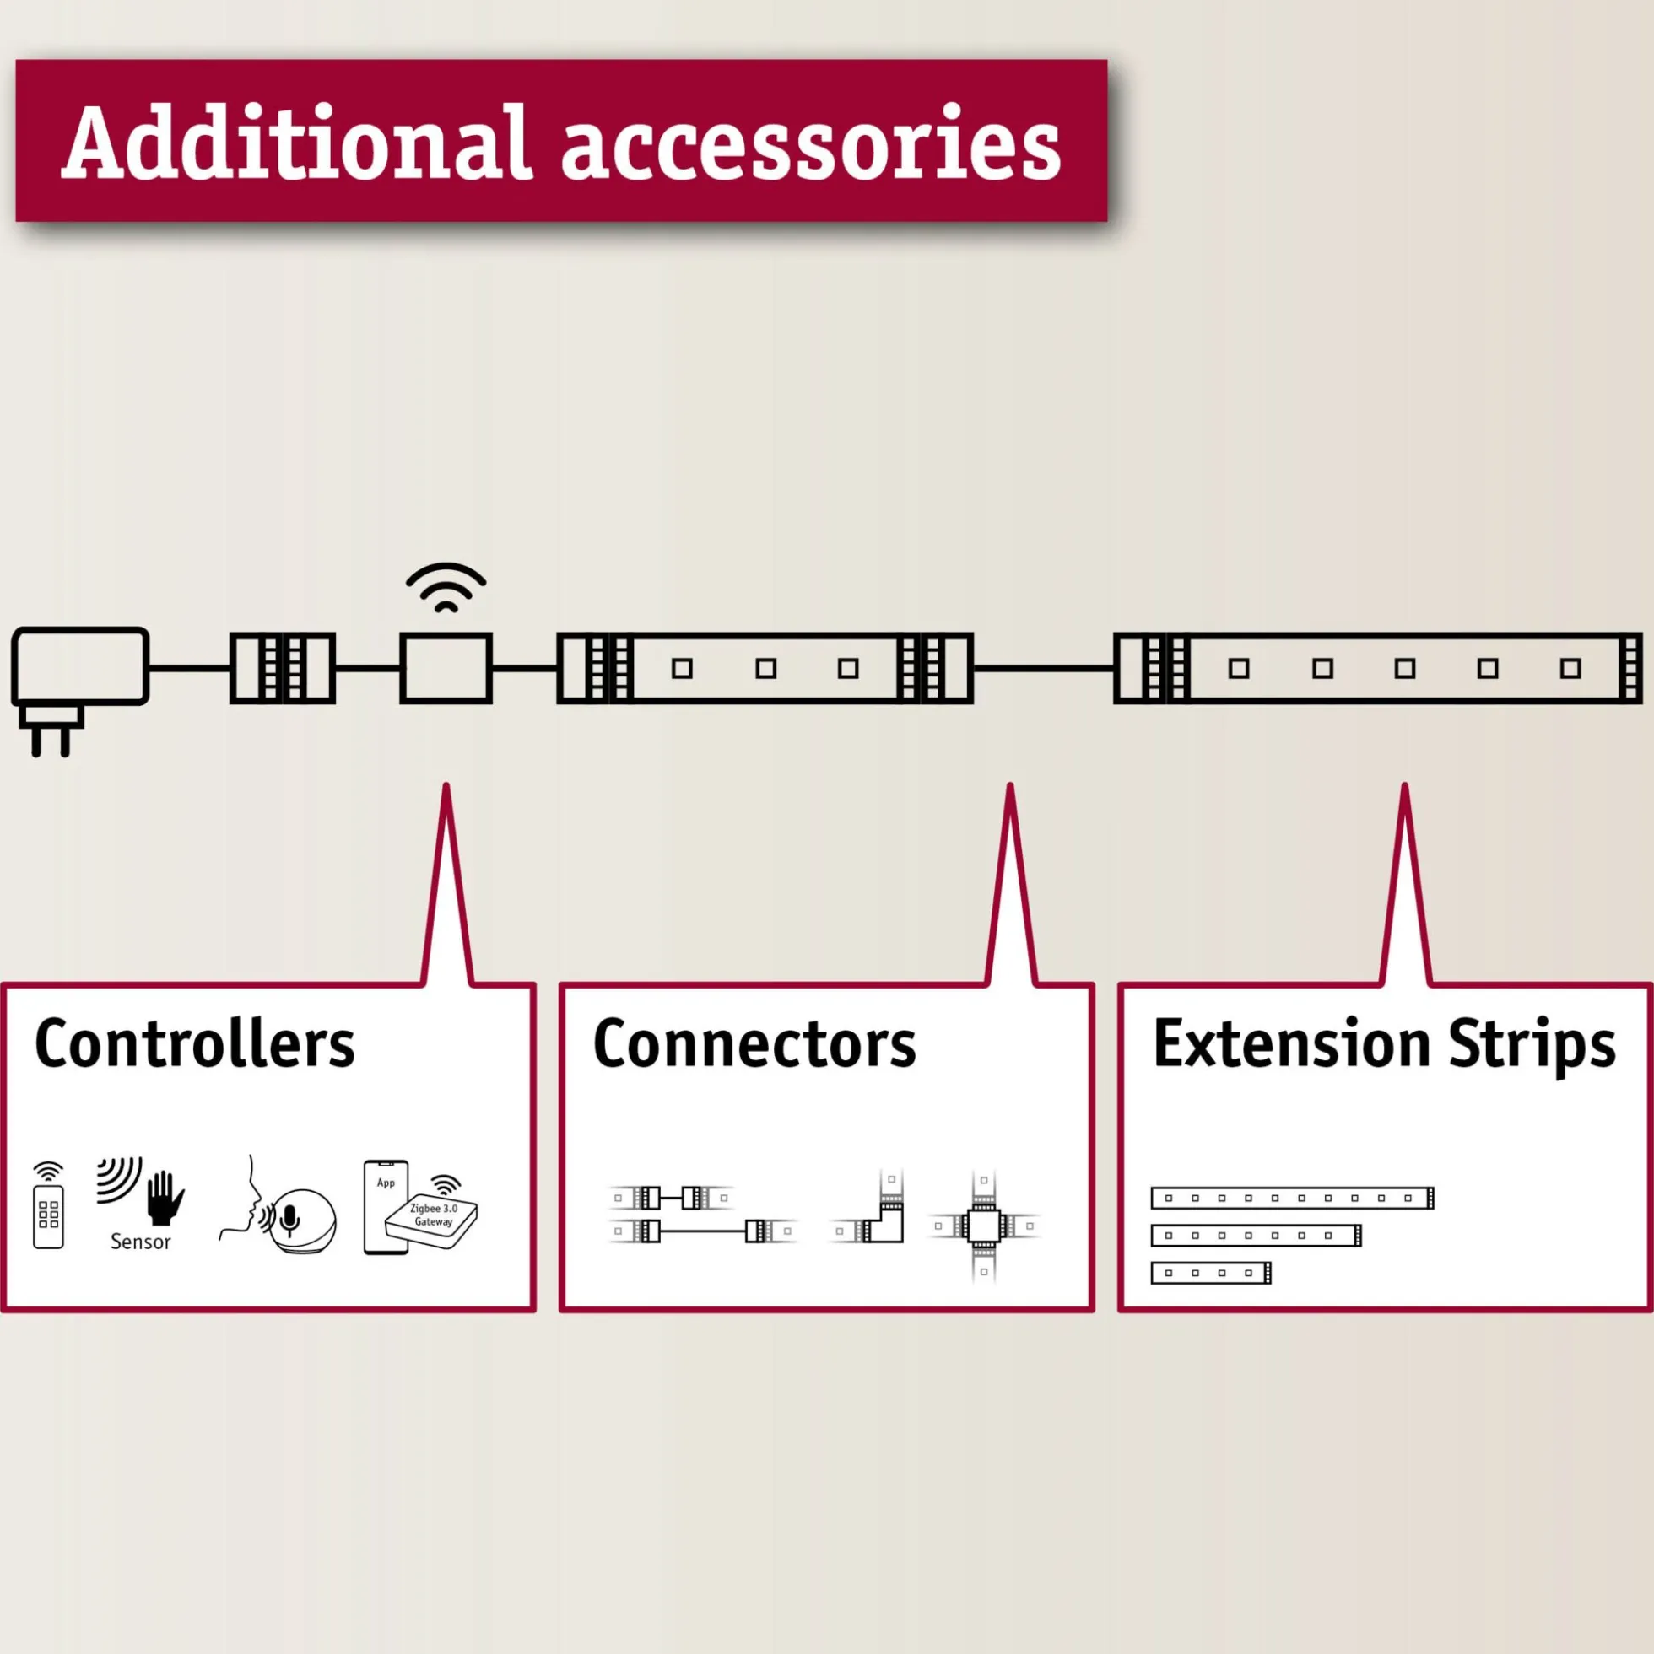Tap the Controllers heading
pyautogui.click(x=194, y=1043)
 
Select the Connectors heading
pyautogui.click(x=754, y=1043)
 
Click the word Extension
pyautogui.click(x=1292, y=1043)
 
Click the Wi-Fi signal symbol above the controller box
pyautogui.click(x=446, y=588)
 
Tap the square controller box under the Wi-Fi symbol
pyautogui.click(x=446, y=669)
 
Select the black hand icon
pyautogui.click(x=165, y=1197)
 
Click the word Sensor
pyautogui.click(x=140, y=1242)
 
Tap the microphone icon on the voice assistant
pyautogui.click(x=290, y=1219)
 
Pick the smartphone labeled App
pyautogui.click(x=386, y=1207)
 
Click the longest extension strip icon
pyautogui.click(x=1292, y=1198)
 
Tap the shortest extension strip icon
pyautogui.click(x=1210, y=1273)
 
